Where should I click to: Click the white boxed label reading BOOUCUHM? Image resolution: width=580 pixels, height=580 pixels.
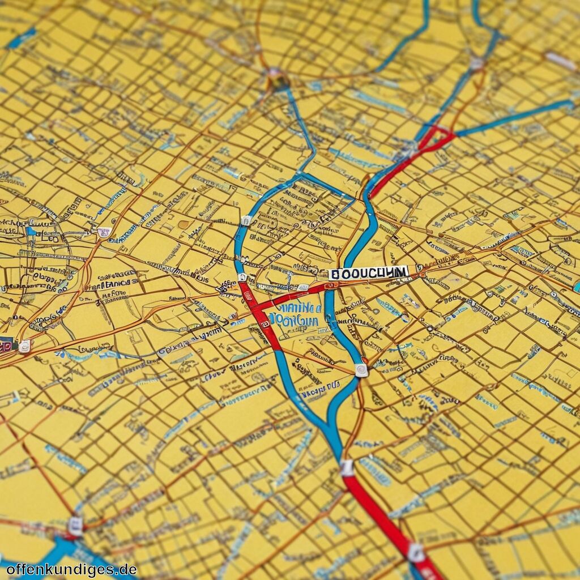[x=369, y=273]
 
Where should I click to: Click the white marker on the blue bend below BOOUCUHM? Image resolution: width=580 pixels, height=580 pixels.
[x=361, y=370]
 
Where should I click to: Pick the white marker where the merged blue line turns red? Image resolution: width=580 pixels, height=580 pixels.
[x=347, y=468]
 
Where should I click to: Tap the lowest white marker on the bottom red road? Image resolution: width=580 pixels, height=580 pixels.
[x=416, y=552]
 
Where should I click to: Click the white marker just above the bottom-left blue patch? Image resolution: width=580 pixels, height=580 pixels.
[x=75, y=526]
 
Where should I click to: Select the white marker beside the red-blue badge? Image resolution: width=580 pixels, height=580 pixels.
[x=24, y=346]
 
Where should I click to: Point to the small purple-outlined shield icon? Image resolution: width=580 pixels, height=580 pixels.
[x=104, y=232]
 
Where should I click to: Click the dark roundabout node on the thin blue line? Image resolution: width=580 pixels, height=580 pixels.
[x=278, y=80]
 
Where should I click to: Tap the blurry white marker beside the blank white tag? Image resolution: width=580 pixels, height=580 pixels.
[x=476, y=63]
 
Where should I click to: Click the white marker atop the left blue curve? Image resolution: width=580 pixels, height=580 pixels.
[x=246, y=220]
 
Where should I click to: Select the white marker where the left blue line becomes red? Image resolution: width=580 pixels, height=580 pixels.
[x=242, y=278]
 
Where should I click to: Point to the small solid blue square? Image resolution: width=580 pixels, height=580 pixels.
[x=31, y=231]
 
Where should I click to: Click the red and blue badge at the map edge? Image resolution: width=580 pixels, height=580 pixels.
[x=6, y=343]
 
